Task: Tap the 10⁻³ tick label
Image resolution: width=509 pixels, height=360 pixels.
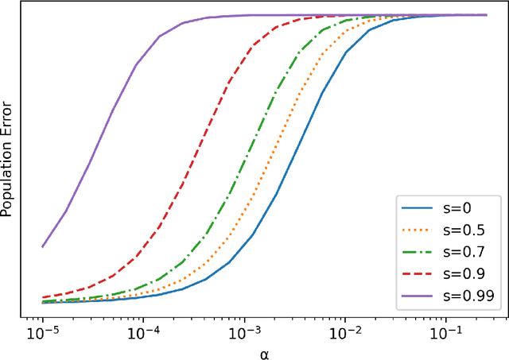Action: pyautogui.click(x=244, y=331)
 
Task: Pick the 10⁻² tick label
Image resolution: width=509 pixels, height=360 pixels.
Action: pyautogui.click(x=345, y=331)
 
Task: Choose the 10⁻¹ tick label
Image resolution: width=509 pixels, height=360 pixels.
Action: pyautogui.click(x=445, y=331)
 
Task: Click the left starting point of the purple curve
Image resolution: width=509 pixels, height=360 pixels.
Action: pyautogui.click(x=42, y=246)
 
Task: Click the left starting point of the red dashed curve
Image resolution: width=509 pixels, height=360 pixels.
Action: pyautogui.click(x=42, y=296)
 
